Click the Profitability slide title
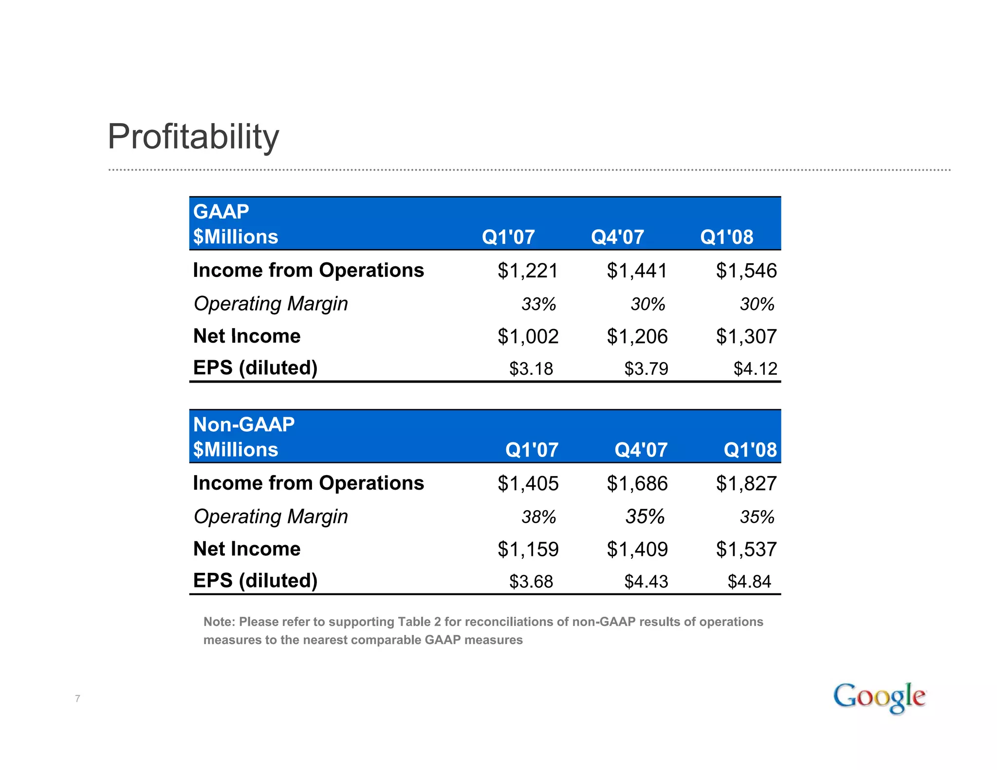tap(193, 137)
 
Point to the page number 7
tap(77, 699)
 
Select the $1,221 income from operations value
tap(528, 271)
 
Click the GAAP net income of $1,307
tap(746, 336)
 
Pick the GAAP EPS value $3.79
tap(646, 369)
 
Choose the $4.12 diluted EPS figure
tap(755, 369)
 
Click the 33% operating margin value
tap(538, 304)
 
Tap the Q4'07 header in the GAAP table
tap(617, 238)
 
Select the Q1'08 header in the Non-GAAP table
tap(750, 450)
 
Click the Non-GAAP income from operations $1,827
tap(746, 484)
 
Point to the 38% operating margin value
tap(538, 517)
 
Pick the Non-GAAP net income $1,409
tap(637, 550)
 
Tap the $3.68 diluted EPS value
tap(531, 582)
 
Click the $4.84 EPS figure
tap(749, 582)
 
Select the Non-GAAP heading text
tap(244, 424)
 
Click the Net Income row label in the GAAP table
tap(247, 336)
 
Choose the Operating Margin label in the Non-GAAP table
tap(271, 517)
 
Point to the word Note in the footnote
tap(219, 622)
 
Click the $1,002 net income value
tap(528, 336)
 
